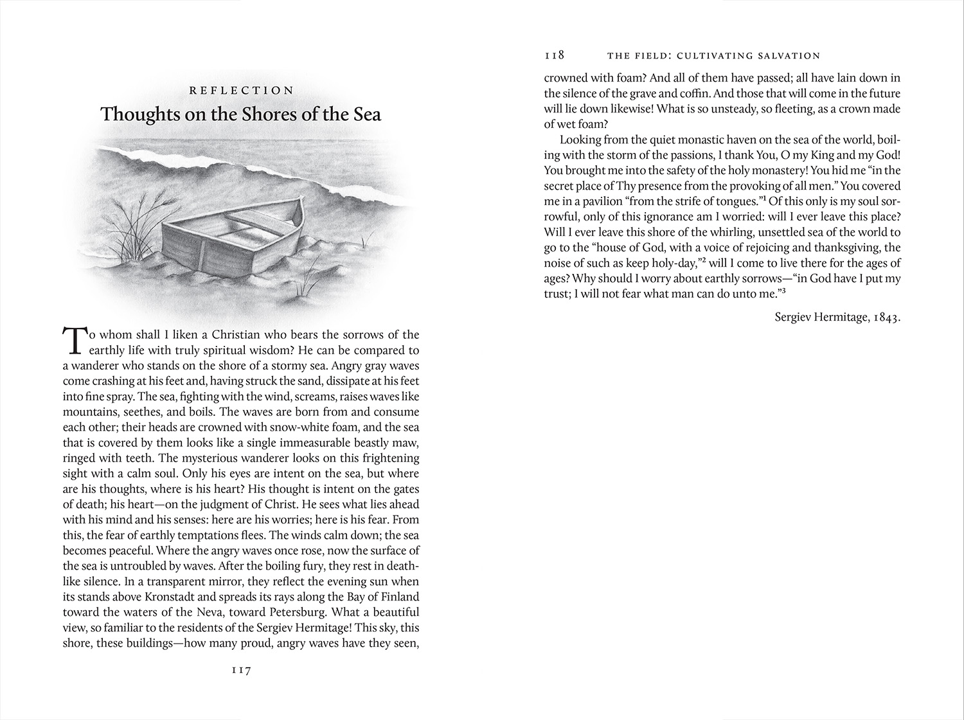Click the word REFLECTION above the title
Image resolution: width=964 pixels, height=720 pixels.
241,91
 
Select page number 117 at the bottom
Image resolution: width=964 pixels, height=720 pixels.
241,670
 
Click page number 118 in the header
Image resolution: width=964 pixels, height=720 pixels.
554,56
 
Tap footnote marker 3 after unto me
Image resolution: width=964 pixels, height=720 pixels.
785,291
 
